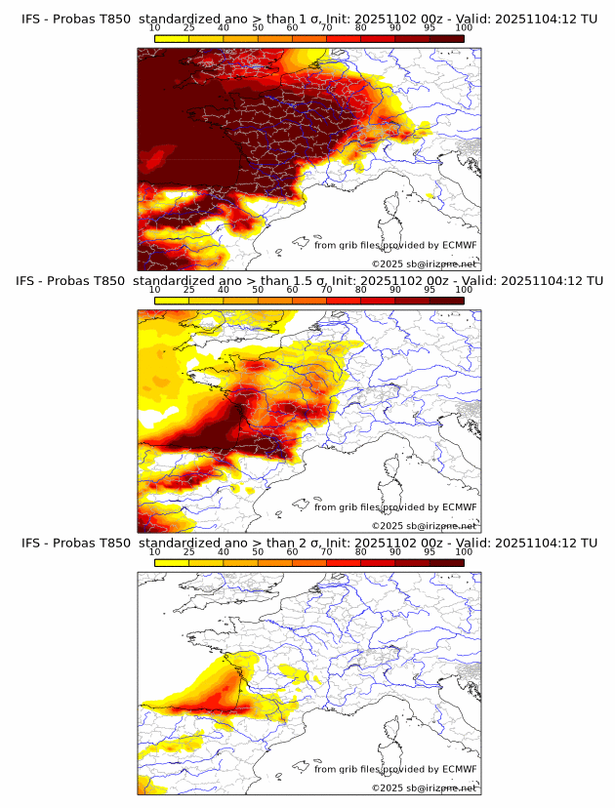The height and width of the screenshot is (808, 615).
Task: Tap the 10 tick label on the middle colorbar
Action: [x=154, y=289]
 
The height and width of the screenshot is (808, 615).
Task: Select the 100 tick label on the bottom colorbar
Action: [x=464, y=551]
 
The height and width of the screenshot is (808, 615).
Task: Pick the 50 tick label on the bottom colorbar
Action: [x=258, y=551]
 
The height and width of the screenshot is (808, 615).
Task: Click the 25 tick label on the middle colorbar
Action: [x=188, y=289]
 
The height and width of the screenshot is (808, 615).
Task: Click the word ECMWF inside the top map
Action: [x=460, y=245]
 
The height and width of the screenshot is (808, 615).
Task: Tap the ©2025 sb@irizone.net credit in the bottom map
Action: [x=424, y=788]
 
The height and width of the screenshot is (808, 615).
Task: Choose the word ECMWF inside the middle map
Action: [x=460, y=506]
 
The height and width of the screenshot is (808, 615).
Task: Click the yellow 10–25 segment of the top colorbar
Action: [x=171, y=38]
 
